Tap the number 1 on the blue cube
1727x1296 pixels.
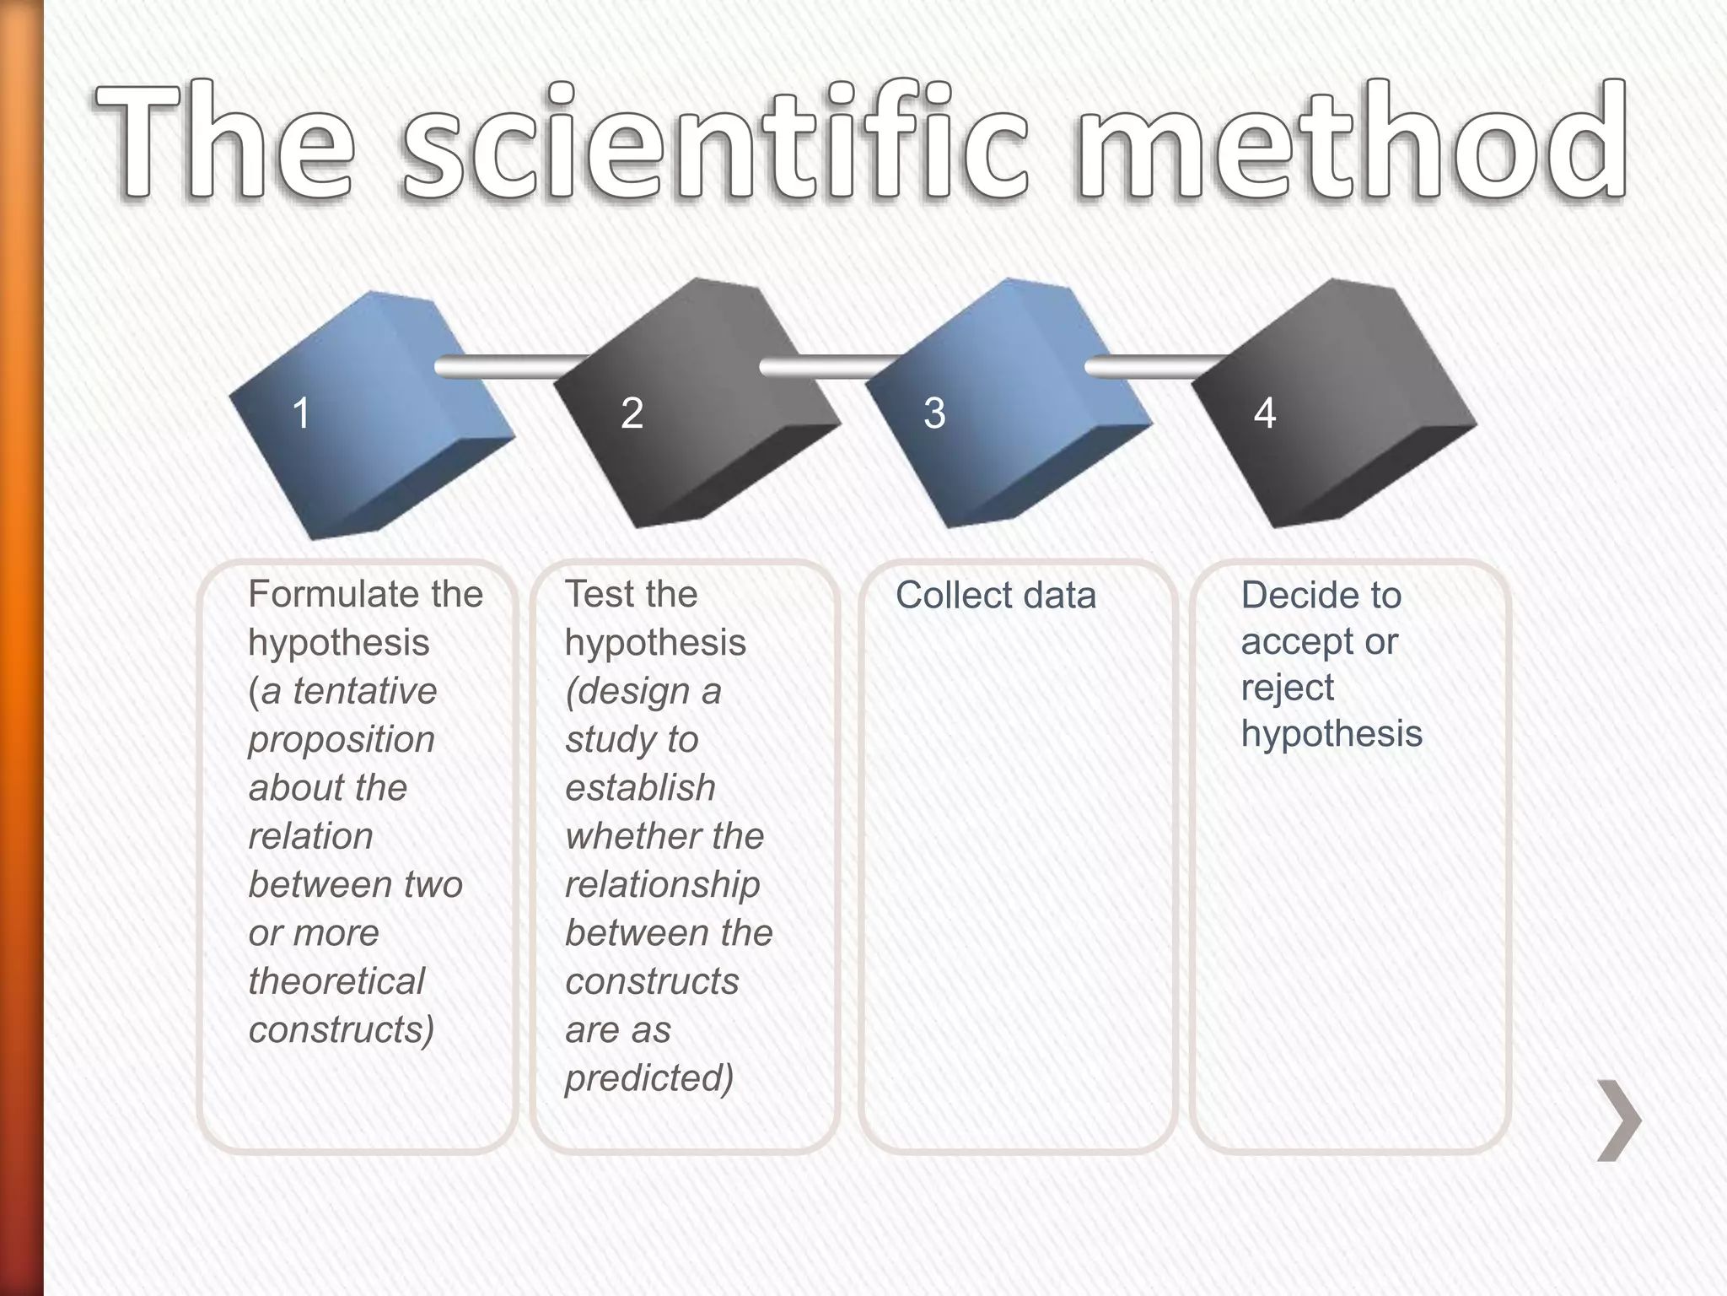[301, 413]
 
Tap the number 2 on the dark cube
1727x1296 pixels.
[632, 413]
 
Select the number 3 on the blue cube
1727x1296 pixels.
[934, 413]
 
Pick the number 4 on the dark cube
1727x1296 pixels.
[1264, 413]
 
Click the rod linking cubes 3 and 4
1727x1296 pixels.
[1155, 366]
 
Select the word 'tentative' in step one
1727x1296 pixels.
[364, 692]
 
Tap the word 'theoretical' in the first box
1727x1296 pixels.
[336, 981]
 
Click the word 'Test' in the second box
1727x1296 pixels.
[597, 595]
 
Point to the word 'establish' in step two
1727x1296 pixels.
[640, 788]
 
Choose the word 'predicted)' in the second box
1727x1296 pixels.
[648, 1078]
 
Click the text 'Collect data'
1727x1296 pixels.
[995, 596]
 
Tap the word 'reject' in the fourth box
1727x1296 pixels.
[1287, 688]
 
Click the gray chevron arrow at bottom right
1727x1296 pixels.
[1619, 1120]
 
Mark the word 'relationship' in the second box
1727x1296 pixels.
[662, 885]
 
